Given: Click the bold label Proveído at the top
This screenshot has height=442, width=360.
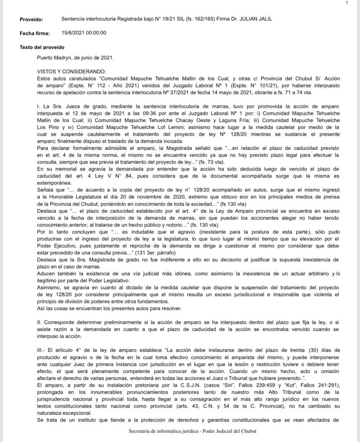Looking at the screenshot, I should tap(31, 19).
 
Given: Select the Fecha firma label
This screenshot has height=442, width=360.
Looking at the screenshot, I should tap(35, 33).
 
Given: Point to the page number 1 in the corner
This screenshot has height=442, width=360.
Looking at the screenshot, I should tap(347, 3).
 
